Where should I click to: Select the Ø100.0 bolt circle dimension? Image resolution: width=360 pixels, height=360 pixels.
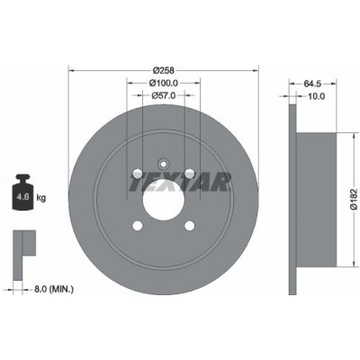163,83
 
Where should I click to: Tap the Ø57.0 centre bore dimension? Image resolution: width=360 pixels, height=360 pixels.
163,96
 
